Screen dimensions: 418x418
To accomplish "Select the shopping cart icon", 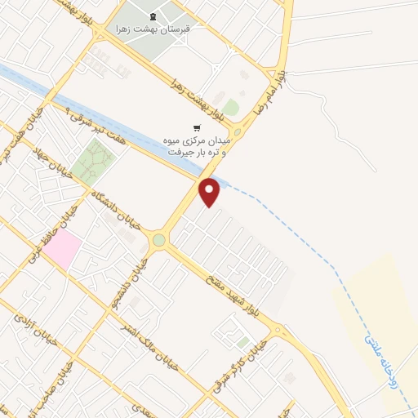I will coord(196,127).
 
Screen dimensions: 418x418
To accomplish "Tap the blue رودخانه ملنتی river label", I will coord(384,359).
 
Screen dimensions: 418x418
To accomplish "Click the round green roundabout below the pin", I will coord(158,241).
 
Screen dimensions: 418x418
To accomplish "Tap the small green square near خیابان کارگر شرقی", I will coord(243,342).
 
